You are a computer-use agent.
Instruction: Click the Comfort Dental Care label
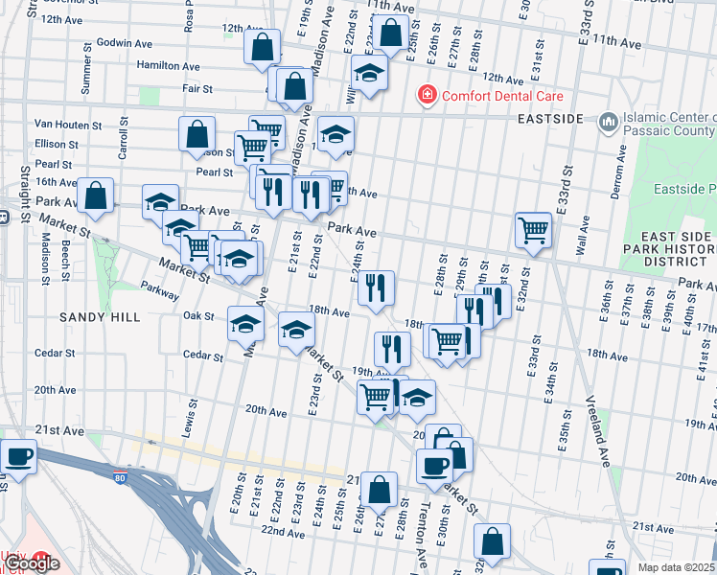(x=501, y=96)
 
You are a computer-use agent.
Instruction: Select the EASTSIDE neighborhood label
(x=549, y=118)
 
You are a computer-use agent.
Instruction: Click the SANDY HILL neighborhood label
(x=100, y=317)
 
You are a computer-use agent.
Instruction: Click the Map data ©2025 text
(x=677, y=567)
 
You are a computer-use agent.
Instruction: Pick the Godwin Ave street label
(x=125, y=43)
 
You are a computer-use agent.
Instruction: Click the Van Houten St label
(x=68, y=125)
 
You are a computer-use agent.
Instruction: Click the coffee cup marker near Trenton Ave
(x=434, y=467)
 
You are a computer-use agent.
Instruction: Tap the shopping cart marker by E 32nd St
(x=533, y=230)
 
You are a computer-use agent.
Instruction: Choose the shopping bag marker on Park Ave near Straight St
(x=96, y=195)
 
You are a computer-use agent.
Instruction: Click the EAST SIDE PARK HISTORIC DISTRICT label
(x=676, y=248)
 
